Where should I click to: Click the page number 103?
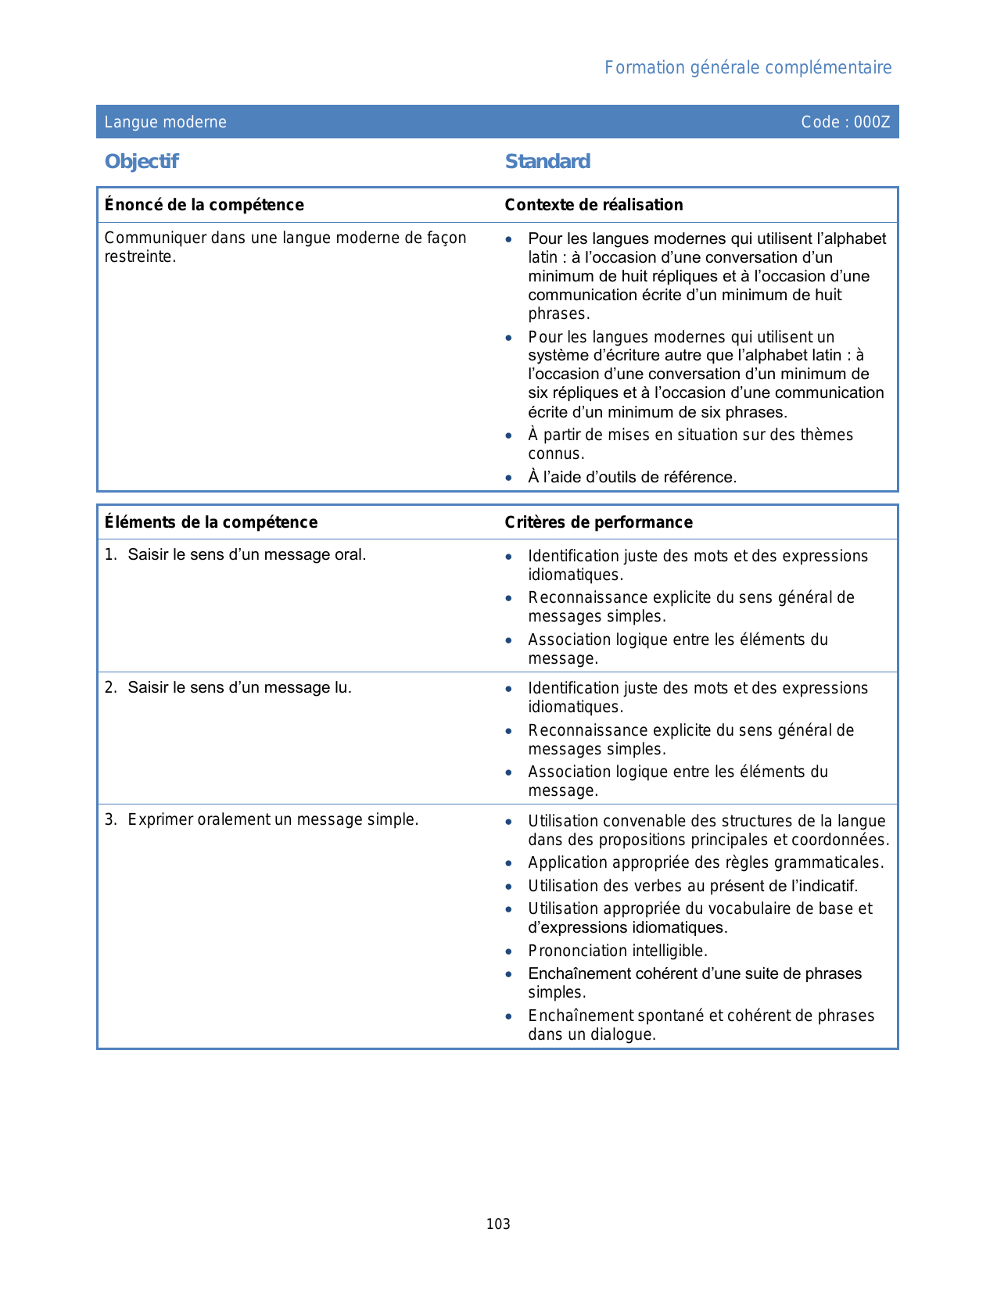click(498, 1224)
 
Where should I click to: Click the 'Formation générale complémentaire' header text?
click(748, 68)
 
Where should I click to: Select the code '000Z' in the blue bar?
click(872, 122)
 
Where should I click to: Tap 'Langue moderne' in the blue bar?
click(166, 122)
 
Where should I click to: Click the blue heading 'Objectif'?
click(142, 162)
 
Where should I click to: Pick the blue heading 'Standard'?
click(547, 162)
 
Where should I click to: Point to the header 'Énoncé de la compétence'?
click(204, 205)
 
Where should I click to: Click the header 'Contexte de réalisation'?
click(594, 205)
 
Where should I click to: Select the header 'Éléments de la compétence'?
click(211, 522)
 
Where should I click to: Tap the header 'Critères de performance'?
click(598, 522)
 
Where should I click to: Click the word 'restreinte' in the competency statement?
click(138, 257)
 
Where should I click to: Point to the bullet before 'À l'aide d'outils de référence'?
click(509, 478)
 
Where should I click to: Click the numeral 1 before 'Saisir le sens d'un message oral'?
click(109, 555)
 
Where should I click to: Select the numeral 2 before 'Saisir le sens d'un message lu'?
click(109, 688)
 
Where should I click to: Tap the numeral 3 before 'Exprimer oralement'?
click(109, 820)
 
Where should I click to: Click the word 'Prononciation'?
click(577, 951)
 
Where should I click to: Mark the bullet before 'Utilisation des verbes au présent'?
click(509, 887)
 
